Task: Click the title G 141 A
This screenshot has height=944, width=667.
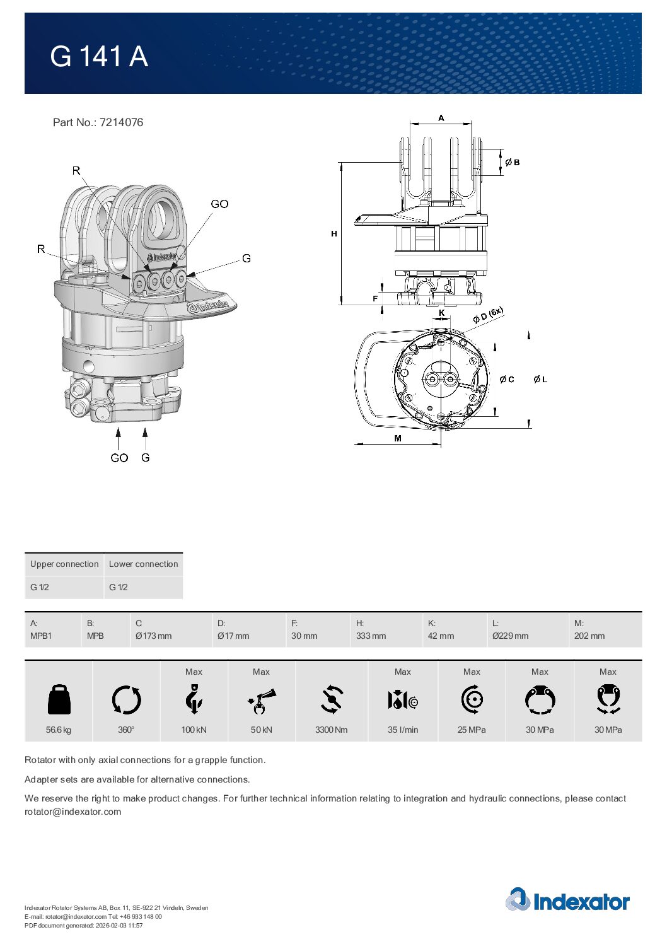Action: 99,57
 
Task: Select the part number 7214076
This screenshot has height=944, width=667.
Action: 121,122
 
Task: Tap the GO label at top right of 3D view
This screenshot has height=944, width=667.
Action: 219,204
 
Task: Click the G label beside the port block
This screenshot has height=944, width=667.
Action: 246,259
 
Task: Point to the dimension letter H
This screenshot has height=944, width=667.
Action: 334,234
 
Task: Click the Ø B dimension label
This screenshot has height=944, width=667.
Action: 513,163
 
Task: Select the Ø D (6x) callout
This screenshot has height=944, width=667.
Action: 489,315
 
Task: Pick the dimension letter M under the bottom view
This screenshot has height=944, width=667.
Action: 398,438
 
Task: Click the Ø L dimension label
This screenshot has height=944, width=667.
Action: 540,380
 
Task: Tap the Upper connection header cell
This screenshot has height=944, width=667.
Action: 64,564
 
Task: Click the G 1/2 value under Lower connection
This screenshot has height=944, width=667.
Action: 119,587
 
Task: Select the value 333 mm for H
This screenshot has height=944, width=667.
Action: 371,636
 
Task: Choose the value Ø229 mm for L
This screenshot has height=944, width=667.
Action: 510,636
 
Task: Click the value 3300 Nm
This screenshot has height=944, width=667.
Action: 331,730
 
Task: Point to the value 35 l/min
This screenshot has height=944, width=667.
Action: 403,730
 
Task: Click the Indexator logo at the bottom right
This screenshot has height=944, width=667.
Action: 567,900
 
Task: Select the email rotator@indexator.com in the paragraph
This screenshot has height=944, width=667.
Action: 72,812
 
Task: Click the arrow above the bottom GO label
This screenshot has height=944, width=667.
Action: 118,438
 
